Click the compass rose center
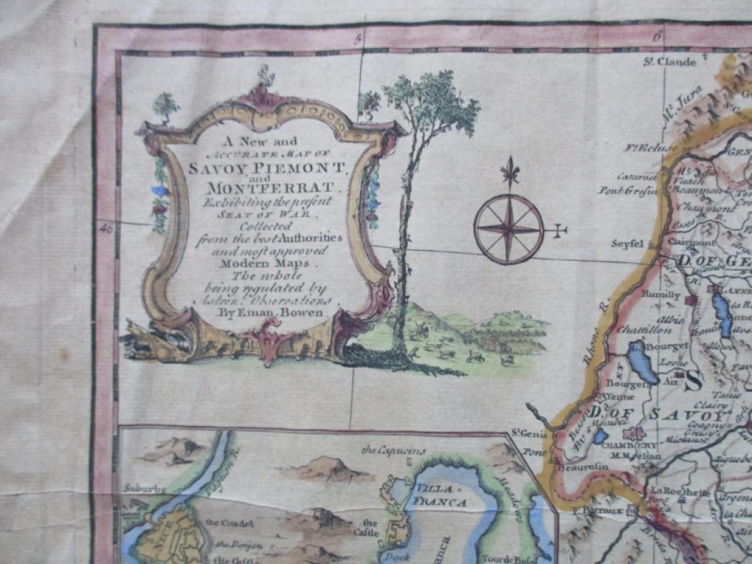click(x=508, y=229)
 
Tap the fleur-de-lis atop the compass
click(x=508, y=171)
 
